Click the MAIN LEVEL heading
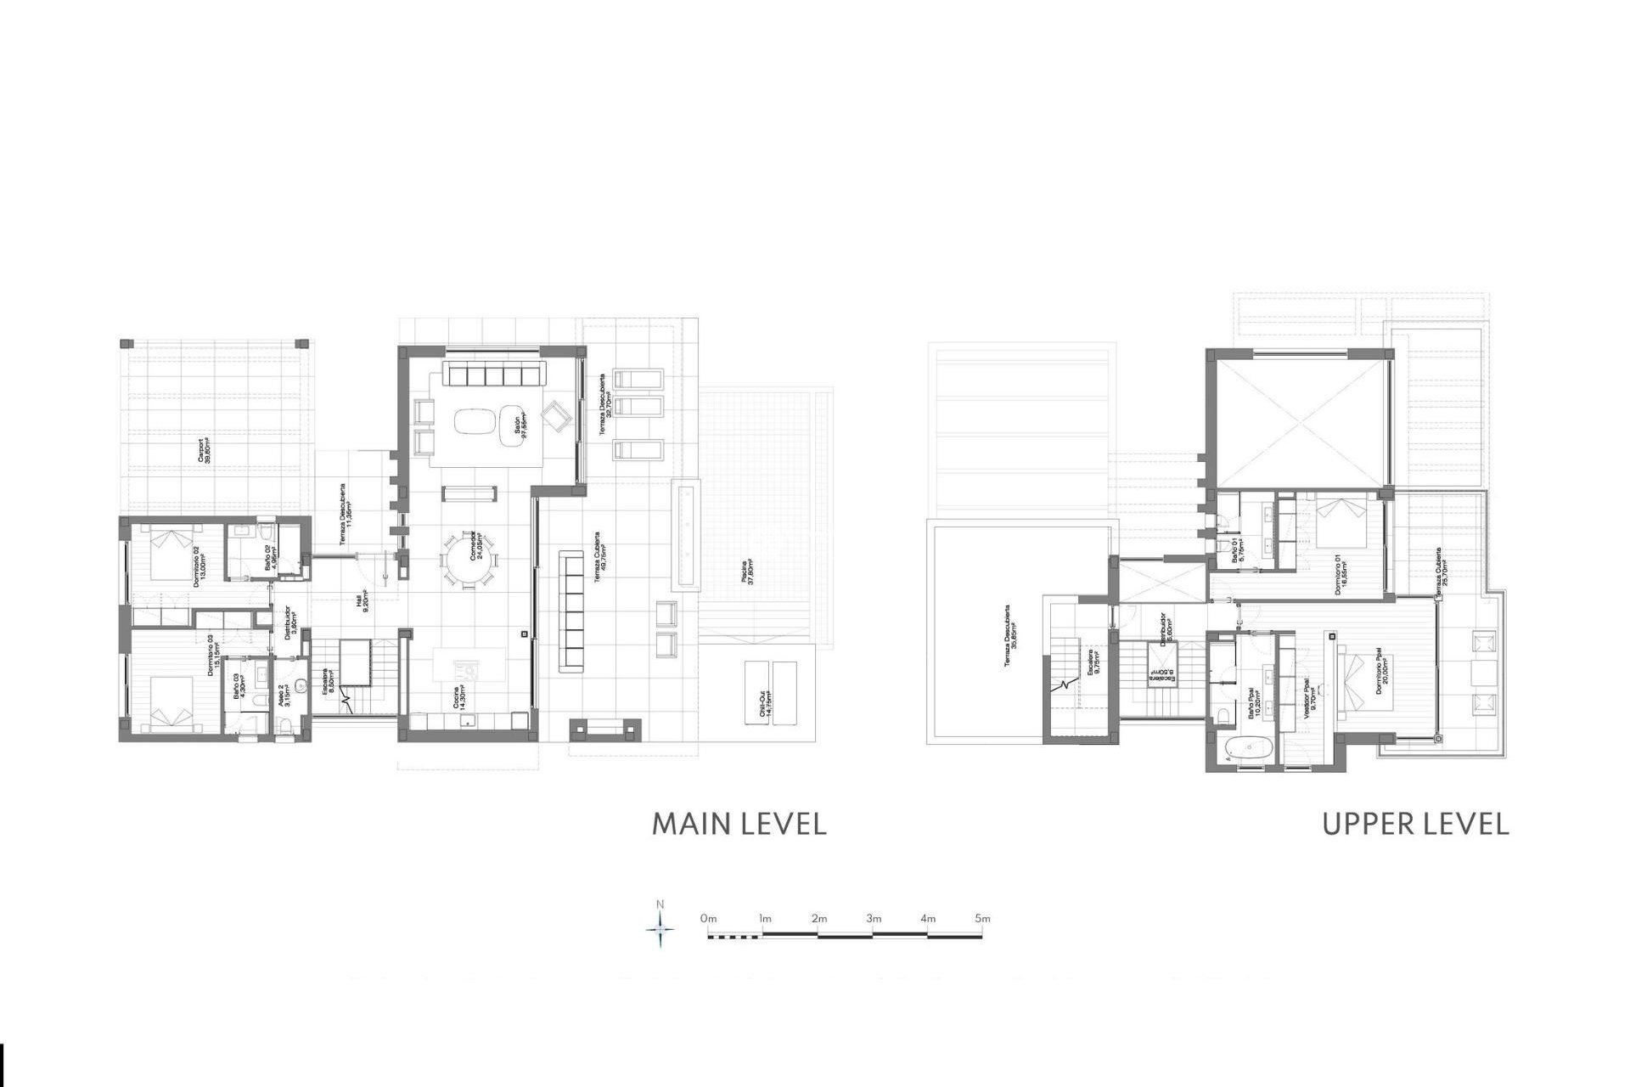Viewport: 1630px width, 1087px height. [x=739, y=824]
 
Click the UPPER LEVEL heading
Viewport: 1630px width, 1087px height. [x=1415, y=824]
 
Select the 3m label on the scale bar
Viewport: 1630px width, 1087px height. [x=874, y=918]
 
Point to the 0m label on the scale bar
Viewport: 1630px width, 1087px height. [x=709, y=918]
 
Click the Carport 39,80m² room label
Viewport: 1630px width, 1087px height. [x=205, y=451]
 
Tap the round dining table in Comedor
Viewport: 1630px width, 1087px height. [x=469, y=559]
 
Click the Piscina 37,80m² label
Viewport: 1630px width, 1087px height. [x=747, y=577]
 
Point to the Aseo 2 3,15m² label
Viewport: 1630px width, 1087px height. [x=286, y=696]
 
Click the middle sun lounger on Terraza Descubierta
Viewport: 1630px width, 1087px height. [x=638, y=406]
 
